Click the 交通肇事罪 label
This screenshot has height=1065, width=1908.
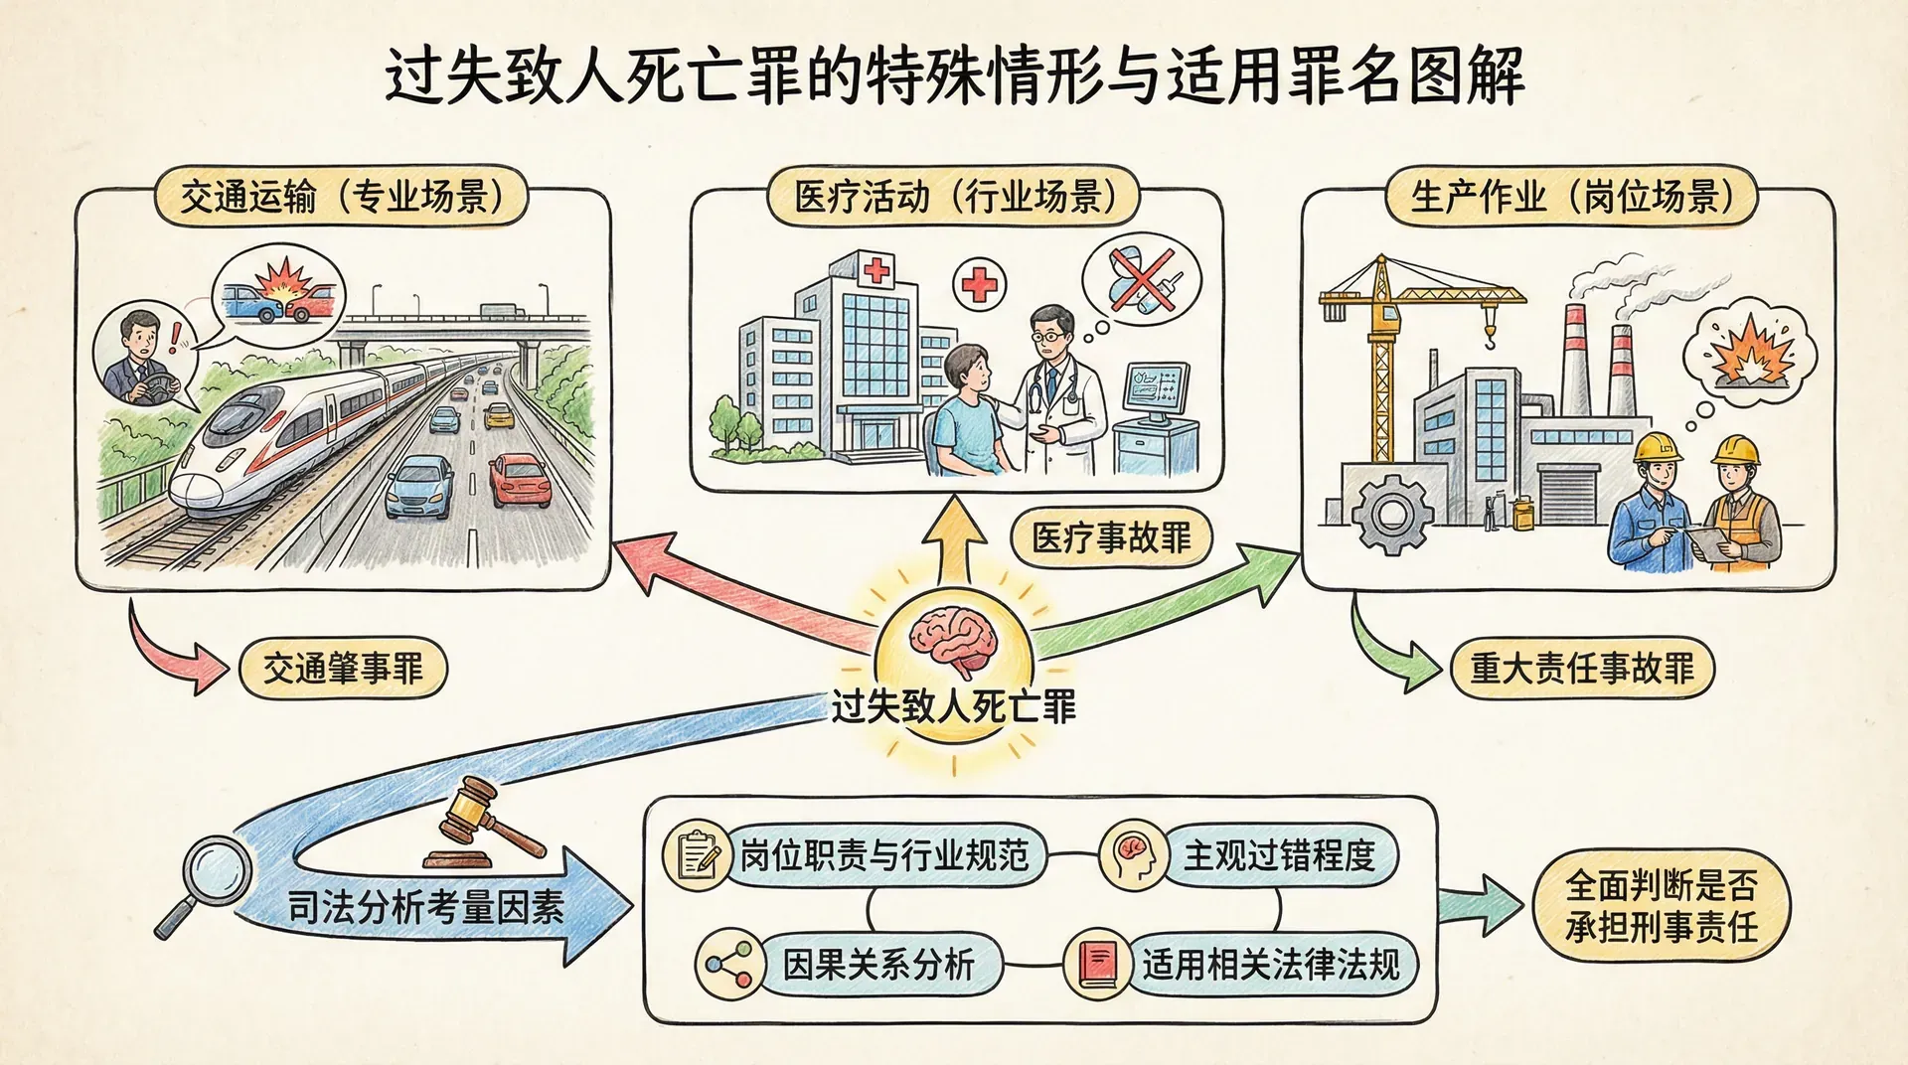pos(343,669)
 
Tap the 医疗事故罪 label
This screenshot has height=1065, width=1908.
pos(1112,538)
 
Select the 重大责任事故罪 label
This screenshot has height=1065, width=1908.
pos(1582,668)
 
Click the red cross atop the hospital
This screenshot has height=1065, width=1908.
pos(876,269)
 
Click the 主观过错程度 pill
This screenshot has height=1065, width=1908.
pos(1278,854)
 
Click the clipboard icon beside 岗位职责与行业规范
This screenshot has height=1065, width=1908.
pos(698,855)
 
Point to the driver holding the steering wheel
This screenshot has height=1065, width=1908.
pos(142,360)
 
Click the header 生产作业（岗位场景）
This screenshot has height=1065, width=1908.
pos(1571,197)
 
